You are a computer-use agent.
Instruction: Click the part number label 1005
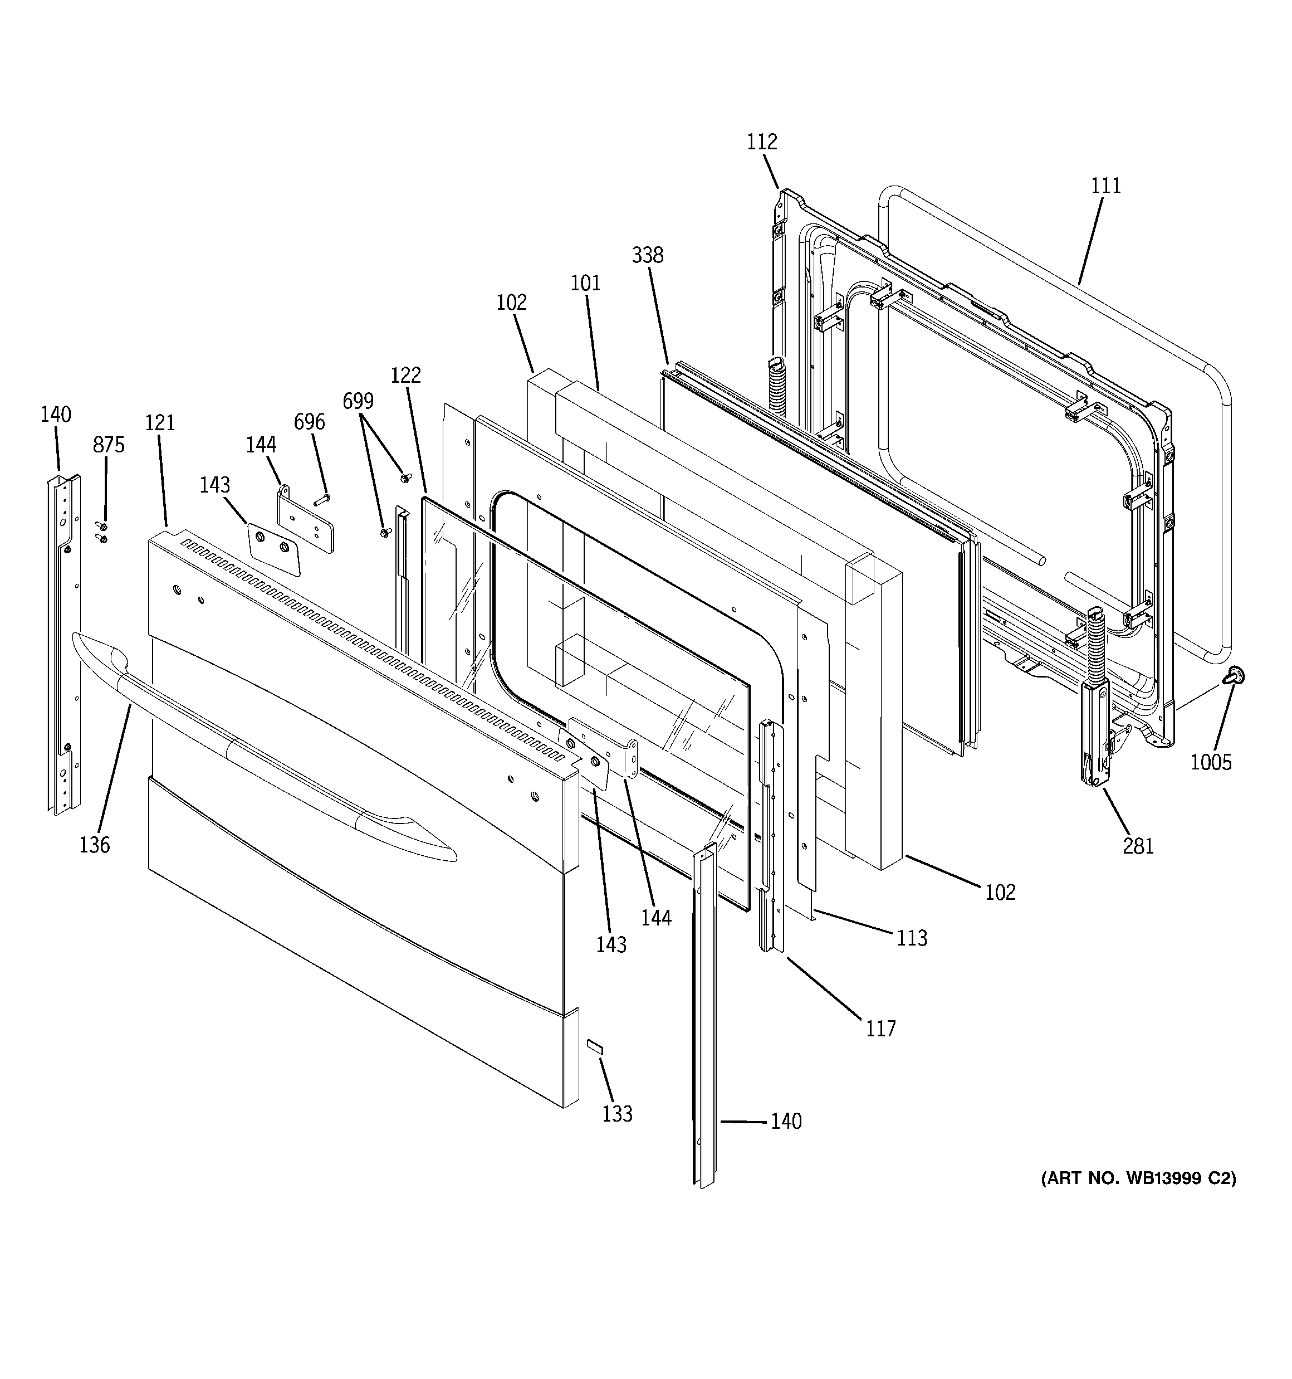tap(1211, 762)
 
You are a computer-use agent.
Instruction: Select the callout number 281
tap(1138, 846)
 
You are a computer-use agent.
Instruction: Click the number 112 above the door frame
tap(761, 142)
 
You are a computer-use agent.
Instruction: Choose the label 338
tap(647, 255)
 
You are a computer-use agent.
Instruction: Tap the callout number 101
tap(585, 283)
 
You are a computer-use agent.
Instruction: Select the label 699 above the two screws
tap(358, 401)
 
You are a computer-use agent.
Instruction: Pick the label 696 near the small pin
tap(309, 422)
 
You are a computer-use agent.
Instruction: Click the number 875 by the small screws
tap(109, 445)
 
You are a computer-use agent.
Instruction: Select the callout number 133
tap(617, 1113)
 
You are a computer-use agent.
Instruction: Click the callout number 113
tap(911, 938)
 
